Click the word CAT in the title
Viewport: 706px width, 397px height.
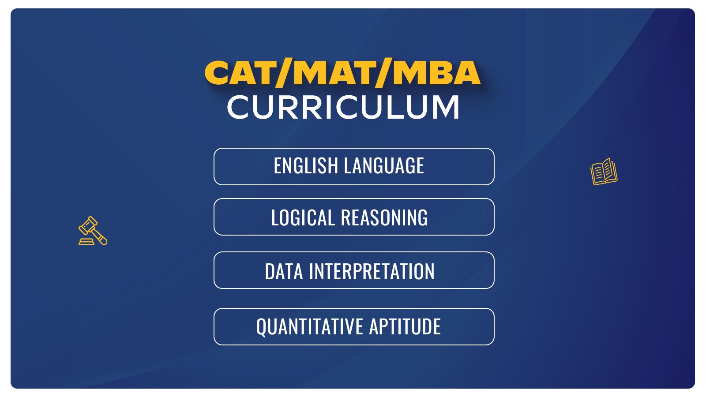click(x=240, y=73)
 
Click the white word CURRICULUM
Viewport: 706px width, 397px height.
click(x=343, y=107)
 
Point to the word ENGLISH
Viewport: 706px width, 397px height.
click(x=305, y=165)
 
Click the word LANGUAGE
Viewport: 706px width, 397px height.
click(x=384, y=165)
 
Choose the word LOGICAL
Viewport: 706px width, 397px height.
click(x=303, y=217)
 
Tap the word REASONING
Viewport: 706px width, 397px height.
click(x=384, y=217)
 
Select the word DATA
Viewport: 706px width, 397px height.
click(x=284, y=271)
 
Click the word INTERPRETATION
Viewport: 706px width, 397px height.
click(x=372, y=271)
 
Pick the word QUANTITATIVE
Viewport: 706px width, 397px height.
click(x=309, y=326)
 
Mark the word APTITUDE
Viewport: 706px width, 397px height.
click(x=405, y=326)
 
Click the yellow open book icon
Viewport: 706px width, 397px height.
click(x=604, y=172)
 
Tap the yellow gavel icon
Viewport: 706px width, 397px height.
click(x=93, y=231)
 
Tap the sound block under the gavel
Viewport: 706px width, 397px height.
click(x=86, y=242)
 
